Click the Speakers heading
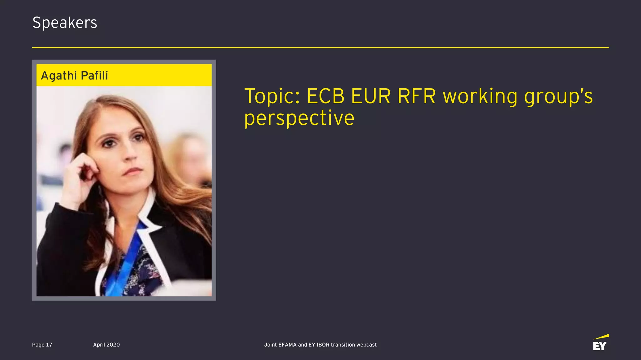point(65,23)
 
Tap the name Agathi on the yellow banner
point(59,76)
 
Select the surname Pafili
point(94,76)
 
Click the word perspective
point(299,118)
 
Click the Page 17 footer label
point(42,345)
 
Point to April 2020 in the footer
point(106,345)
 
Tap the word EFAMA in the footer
point(287,345)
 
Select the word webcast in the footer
point(367,345)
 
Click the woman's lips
point(133,171)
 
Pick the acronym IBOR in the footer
point(323,345)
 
